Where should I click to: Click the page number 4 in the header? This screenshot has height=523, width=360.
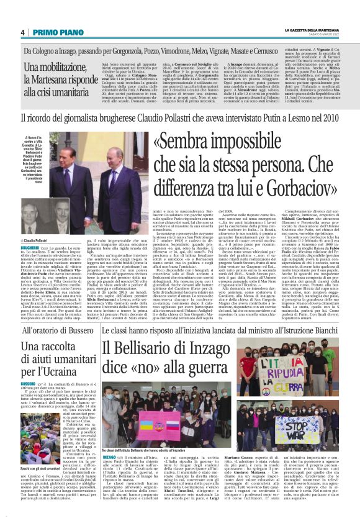coord(22,33)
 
